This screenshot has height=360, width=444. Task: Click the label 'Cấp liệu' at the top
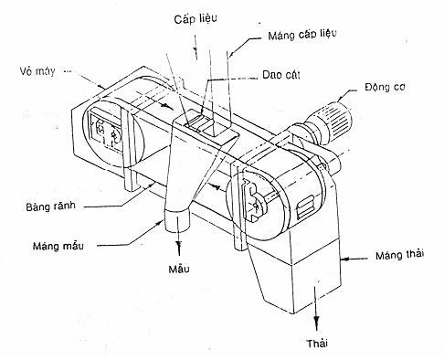coord(196,19)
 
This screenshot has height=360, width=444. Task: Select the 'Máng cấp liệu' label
coord(302,34)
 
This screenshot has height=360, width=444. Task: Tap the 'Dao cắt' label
coord(281,75)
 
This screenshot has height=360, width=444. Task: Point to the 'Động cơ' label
coord(385,88)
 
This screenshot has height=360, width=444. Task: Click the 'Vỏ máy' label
coord(37,71)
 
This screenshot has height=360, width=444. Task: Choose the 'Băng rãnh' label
coord(50,206)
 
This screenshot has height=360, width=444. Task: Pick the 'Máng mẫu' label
coord(58,246)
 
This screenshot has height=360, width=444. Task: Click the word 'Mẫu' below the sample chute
coord(179,269)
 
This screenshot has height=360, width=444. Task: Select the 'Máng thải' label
coord(399,255)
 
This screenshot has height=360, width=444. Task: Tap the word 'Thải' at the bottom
coord(317,344)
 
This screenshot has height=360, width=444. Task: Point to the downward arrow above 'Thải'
coord(317,304)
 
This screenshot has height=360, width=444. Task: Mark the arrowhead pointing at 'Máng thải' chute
coord(344,259)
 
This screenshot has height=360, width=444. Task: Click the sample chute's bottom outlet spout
coord(177,221)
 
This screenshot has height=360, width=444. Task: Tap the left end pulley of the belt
coord(113,132)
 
